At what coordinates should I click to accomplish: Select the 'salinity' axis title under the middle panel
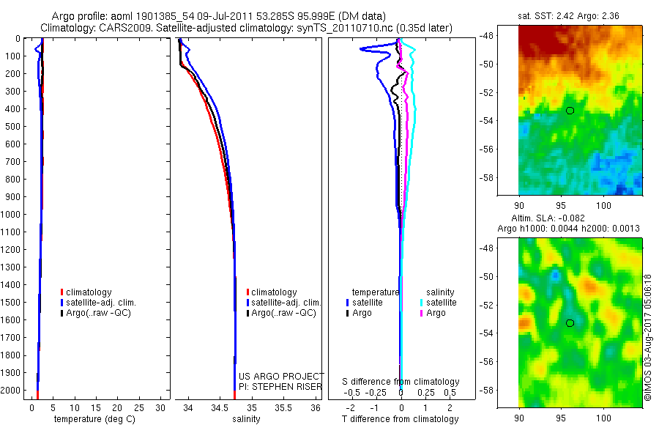[246, 419]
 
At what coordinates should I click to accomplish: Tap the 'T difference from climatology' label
[401, 419]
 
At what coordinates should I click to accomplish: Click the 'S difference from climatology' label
[401, 382]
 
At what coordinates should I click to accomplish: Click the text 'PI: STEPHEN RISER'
[280, 386]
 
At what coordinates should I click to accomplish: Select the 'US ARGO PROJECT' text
[281, 376]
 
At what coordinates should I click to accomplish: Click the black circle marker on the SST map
[570, 110]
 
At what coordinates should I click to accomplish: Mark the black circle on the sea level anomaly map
[570, 322]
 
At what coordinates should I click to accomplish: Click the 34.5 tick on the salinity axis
[220, 407]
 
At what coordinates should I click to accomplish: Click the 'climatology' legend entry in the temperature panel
[89, 292]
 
